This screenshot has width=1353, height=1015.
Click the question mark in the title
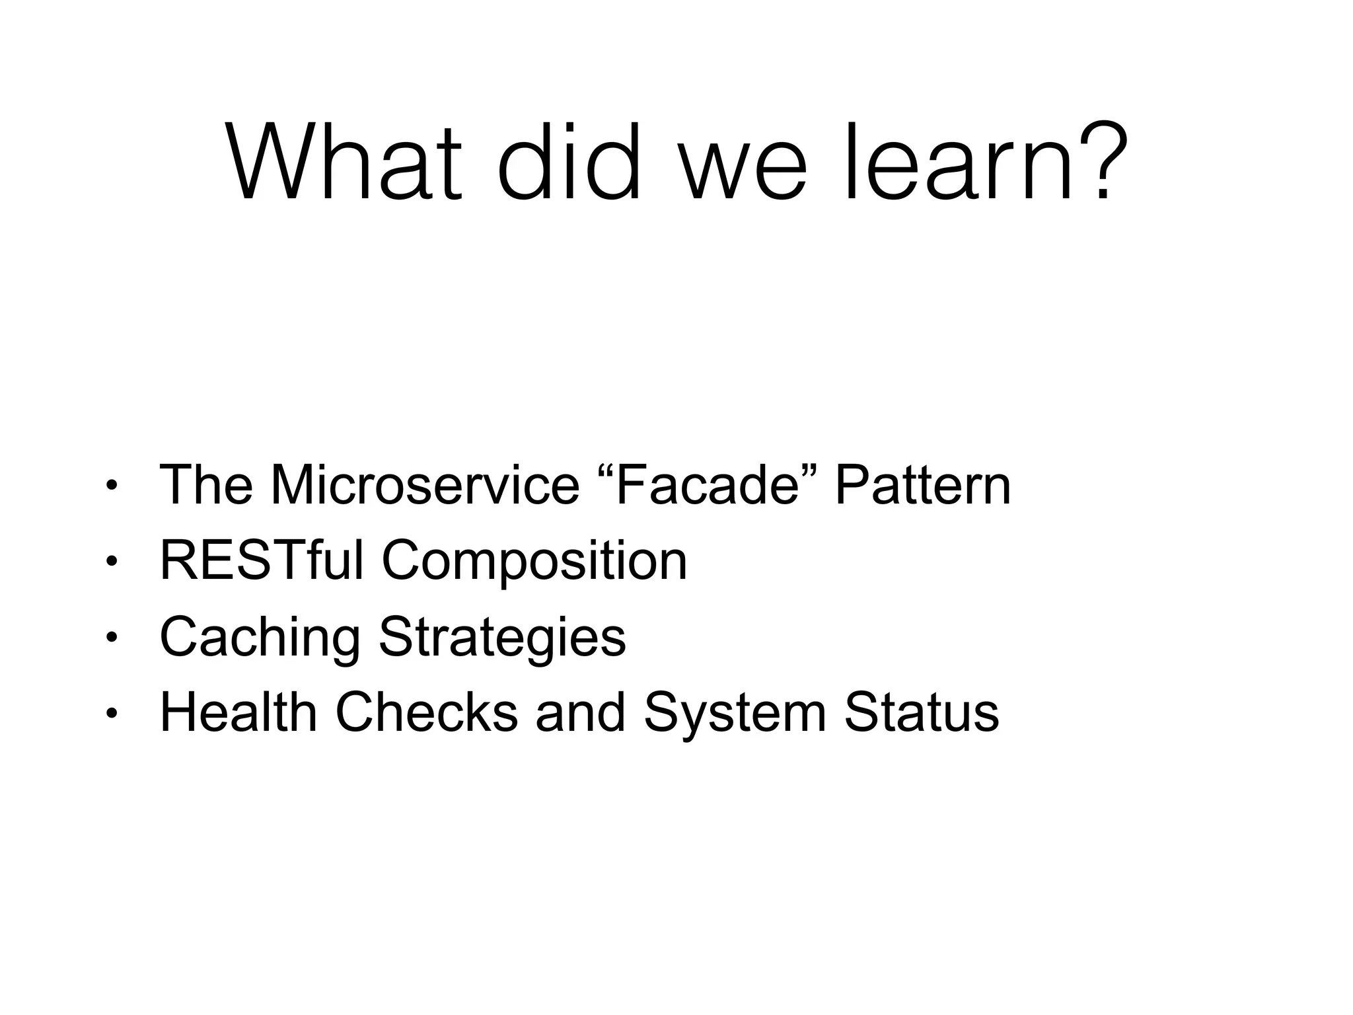pos(1100,162)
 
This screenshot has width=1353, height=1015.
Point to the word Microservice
pos(424,485)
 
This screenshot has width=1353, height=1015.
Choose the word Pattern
pos(922,485)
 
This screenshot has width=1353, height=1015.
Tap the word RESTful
pos(262,560)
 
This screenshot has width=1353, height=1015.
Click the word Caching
pos(260,638)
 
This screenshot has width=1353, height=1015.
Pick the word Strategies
pos(502,638)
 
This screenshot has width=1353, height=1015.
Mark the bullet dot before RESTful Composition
pos(112,562)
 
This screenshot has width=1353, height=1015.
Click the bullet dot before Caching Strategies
pos(112,638)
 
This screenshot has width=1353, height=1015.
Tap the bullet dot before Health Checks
pos(112,714)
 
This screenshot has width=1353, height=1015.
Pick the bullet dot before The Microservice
pos(112,487)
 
